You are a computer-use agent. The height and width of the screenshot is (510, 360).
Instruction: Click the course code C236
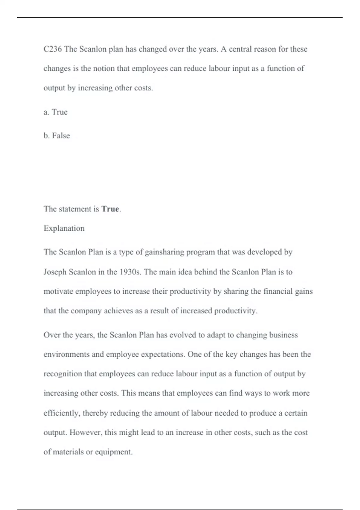pos(52,49)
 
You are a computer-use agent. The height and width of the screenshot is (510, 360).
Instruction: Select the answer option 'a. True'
pos(55,112)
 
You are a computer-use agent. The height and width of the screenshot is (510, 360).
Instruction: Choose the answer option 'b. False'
pos(57,136)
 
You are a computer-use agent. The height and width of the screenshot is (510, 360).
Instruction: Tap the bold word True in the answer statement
pos(110,209)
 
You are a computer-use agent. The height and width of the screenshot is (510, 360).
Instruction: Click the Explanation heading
pos(64,228)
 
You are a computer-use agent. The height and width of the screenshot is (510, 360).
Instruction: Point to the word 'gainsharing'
pos(164,252)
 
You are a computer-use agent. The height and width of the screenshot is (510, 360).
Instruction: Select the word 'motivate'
pos(58,291)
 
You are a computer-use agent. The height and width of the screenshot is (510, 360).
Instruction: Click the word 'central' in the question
pos(240,49)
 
